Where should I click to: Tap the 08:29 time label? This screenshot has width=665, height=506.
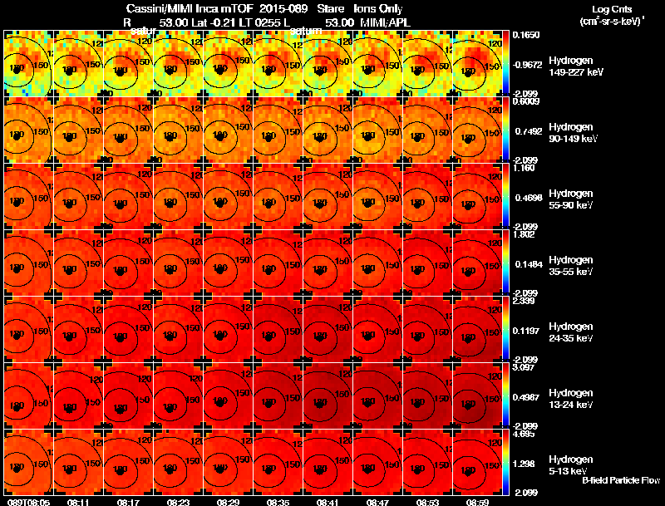[229, 502]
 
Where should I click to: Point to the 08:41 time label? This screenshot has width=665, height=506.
[328, 502]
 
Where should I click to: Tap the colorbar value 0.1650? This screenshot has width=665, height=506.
[527, 35]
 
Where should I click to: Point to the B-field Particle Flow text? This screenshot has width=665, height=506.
[620, 481]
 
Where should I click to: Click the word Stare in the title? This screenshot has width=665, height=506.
[331, 7]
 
